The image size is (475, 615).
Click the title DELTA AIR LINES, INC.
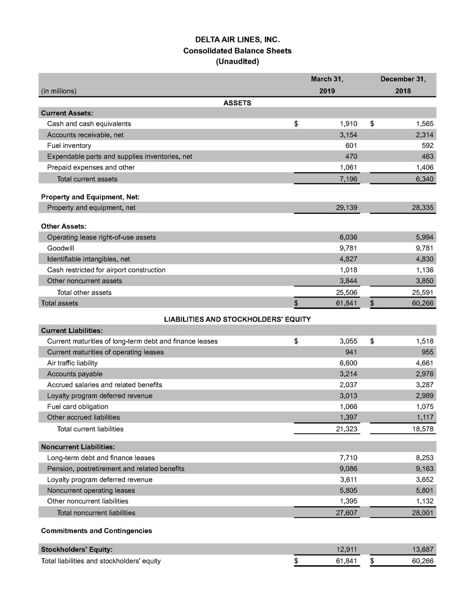tap(237, 40)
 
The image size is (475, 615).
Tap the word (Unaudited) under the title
tap(237, 61)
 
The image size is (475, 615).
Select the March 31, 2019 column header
tap(327, 85)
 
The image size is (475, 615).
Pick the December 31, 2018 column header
tap(403, 85)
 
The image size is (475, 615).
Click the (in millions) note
tap(59, 91)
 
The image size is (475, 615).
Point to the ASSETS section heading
tap(237, 103)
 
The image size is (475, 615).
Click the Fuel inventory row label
tap(69, 145)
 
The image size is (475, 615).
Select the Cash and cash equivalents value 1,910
tap(348, 124)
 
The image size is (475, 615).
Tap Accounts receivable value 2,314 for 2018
tap(424, 135)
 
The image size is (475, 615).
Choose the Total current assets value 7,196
tap(348, 179)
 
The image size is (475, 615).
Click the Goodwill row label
tap(61, 248)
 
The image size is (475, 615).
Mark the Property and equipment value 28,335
tap(422, 208)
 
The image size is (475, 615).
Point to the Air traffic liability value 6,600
tap(348, 363)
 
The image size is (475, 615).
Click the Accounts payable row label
tap(74, 374)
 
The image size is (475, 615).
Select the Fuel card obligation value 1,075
tap(424, 406)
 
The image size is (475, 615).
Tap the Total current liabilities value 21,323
tap(346, 429)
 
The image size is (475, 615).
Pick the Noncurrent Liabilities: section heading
tap(78, 447)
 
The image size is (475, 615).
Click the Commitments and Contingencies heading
tap(96, 531)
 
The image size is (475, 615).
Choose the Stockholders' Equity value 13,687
tap(422, 549)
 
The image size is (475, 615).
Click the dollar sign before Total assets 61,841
tap(296, 303)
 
